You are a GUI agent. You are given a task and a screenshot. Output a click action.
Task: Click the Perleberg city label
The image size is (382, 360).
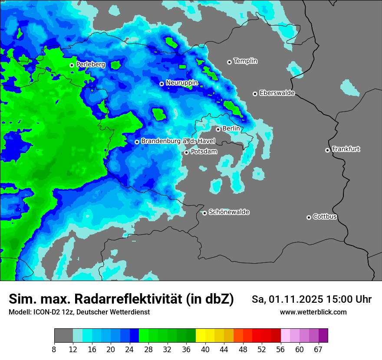click(x=90, y=65)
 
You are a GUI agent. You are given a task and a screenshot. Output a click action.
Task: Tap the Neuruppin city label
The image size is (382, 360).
click(x=181, y=83)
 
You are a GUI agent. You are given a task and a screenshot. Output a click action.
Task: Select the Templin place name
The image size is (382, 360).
click(x=245, y=61)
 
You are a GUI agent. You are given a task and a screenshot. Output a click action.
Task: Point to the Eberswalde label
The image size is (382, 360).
click(x=277, y=93)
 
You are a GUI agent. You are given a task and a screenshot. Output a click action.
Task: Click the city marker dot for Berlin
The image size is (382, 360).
click(x=218, y=129)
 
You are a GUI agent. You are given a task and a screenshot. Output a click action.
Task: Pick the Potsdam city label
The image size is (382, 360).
click(x=204, y=152)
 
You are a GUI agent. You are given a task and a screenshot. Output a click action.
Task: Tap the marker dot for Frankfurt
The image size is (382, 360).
click(x=327, y=150)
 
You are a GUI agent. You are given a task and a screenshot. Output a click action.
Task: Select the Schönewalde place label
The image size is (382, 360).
click(x=229, y=212)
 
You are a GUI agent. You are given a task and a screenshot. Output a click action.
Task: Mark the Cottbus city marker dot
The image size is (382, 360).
click(x=309, y=217)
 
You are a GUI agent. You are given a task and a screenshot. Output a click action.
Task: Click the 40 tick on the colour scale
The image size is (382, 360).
click(x=205, y=350)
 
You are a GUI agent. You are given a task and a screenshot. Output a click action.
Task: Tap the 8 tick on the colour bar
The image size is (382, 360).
click(x=54, y=350)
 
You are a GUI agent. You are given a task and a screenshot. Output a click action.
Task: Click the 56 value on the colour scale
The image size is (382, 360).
click(x=280, y=350)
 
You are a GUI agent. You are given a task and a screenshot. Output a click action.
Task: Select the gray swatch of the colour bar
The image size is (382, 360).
click(x=63, y=336)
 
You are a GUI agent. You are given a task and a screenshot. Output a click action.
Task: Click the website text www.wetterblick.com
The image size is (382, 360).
click(x=313, y=312)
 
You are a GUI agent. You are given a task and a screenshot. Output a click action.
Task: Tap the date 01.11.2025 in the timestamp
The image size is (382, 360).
click(x=296, y=299)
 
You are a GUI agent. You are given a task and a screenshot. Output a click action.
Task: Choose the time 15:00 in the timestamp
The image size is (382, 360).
click(x=340, y=299)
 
